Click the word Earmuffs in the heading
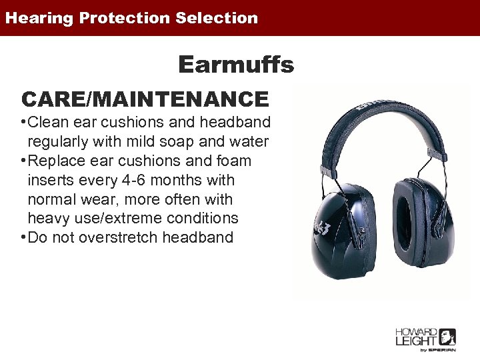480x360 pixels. (235, 65)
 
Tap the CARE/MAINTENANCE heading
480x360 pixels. (145, 99)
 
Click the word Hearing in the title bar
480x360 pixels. (38, 18)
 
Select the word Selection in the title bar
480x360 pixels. (217, 18)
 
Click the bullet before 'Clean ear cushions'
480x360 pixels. (23, 122)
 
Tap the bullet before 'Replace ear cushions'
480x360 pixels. (23, 161)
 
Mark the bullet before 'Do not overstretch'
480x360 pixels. (23, 237)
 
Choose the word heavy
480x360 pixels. (49, 219)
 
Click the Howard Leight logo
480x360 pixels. (425, 338)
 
